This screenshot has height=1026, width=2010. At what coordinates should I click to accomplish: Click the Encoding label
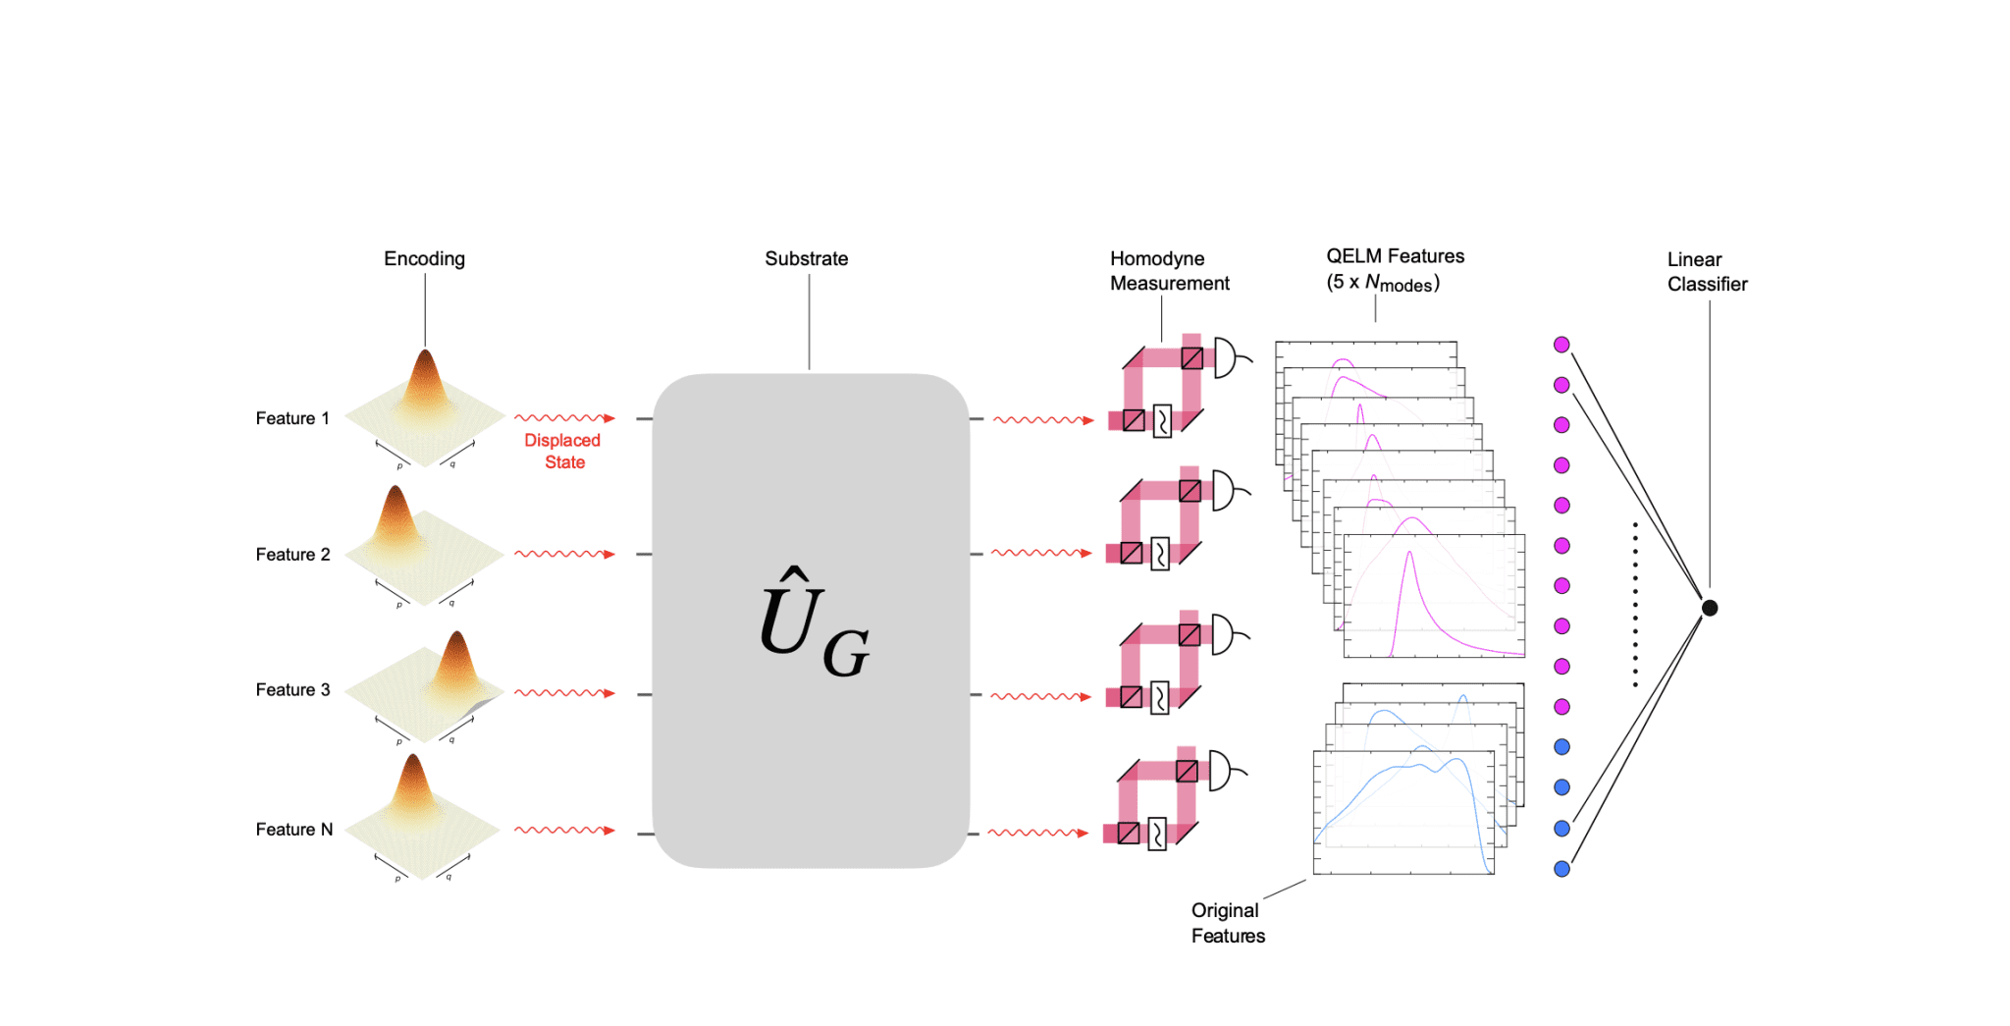(424, 259)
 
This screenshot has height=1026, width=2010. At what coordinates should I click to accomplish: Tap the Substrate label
(806, 259)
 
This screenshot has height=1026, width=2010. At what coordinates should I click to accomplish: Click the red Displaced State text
(562, 452)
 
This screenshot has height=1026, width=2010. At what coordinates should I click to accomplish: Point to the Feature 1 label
(292, 419)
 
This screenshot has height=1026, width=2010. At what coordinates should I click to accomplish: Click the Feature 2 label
(292, 555)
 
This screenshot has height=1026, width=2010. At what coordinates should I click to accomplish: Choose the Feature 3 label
(292, 690)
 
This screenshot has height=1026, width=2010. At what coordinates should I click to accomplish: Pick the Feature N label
(294, 830)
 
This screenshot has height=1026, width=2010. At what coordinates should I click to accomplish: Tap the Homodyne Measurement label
(1169, 271)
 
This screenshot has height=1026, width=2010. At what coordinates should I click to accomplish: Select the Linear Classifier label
(1707, 272)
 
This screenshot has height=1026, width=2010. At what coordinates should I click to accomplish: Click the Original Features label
(1228, 923)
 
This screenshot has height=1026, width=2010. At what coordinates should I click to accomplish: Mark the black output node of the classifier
(1710, 608)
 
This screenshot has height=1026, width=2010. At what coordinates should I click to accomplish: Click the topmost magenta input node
(1561, 345)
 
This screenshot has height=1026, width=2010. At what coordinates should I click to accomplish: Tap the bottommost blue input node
(1561, 869)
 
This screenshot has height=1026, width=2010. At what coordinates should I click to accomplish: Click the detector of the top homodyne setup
(1226, 357)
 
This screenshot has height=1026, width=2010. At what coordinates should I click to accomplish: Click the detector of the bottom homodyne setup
(1221, 771)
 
